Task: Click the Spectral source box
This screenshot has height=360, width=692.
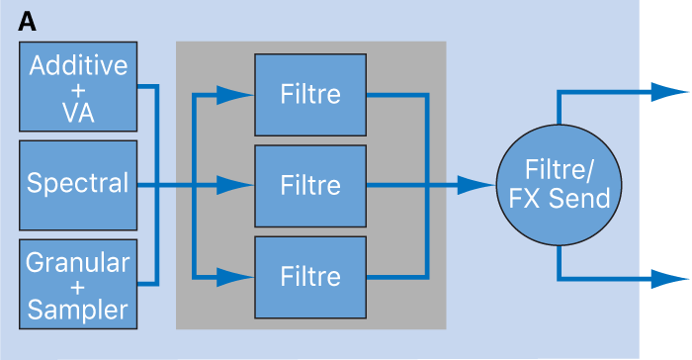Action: pos(78,184)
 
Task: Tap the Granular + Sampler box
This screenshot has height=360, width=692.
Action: pos(78,285)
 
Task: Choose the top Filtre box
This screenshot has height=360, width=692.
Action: pos(310,95)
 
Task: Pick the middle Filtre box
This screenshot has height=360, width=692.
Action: pos(310,185)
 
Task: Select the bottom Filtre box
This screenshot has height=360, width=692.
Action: pos(310,275)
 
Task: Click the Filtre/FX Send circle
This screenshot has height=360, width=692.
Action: pos(559,185)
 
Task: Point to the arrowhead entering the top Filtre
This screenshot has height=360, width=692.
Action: pos(234,95)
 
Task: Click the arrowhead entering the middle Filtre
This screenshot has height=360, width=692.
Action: pos(234,185)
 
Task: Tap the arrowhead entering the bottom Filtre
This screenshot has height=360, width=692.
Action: pos(234,275)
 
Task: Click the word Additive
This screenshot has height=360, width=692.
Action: pos(78,66)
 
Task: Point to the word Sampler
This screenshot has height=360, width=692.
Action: pos(78,310)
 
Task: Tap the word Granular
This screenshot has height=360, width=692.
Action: pos(78,262)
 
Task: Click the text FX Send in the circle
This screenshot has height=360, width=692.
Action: pos(559,199)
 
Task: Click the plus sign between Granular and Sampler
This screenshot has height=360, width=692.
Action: pos(78,286)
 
